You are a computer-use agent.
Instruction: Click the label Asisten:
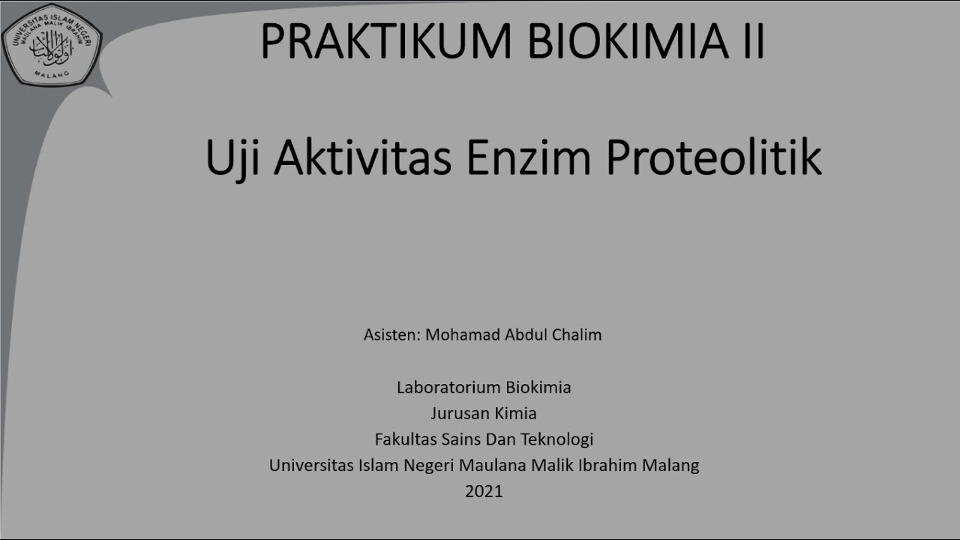click(x=391, y=334)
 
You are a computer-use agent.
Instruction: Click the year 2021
click(x=484, y=491)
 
